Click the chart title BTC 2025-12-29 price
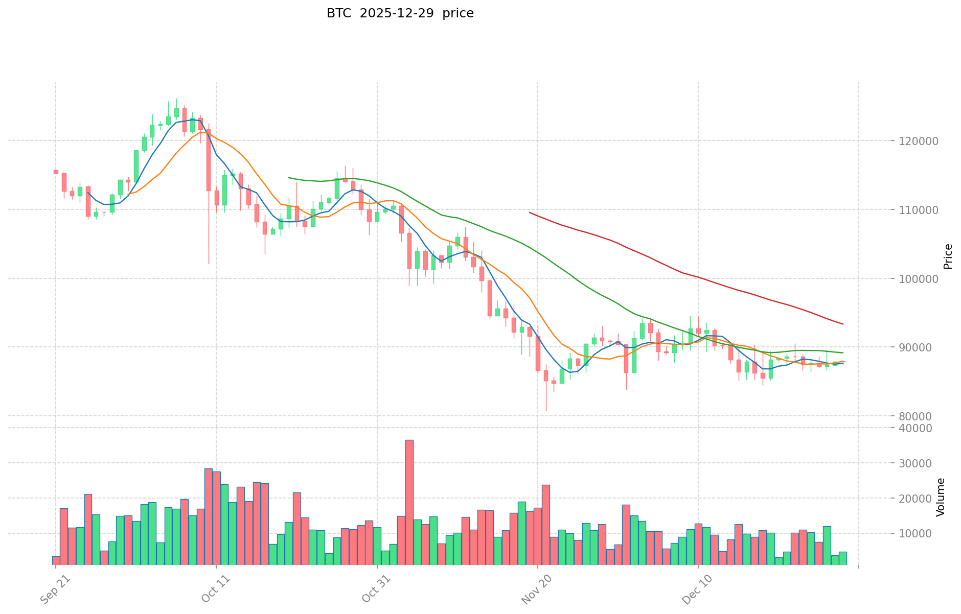[400, 13]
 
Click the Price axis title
[948, 256]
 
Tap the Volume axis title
[941, 497]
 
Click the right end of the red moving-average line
[843, 324]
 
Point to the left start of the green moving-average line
[289, 177]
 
